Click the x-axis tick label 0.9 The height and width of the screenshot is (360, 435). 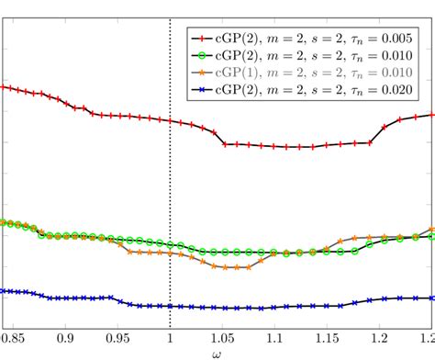click(65, 338)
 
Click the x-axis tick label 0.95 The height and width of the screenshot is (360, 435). click(117, 338)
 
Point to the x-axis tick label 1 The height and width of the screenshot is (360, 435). click(171, 338)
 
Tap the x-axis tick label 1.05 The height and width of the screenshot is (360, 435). click(223, 338)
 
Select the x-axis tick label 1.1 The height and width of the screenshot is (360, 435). click(276, 338)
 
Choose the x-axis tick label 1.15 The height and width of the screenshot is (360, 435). click(329, 338)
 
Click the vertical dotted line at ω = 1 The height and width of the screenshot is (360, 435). click(171, 184)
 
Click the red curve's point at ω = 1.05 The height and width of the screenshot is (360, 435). click(225, 144)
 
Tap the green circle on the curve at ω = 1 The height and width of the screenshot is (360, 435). click(171, 245)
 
